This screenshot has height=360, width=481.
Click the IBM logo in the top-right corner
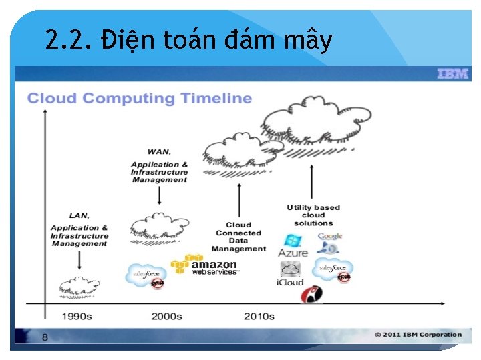(452, 74)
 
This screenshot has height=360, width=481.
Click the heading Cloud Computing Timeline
(139, 99)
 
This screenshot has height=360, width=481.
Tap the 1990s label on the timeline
(77, 316)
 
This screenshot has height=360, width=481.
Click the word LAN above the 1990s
(79, 215)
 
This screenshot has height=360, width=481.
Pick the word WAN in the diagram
(159, 151)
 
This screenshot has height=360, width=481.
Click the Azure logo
(293, 246)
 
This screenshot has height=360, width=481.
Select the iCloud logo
(290, 274)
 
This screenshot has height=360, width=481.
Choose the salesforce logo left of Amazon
(146, 274)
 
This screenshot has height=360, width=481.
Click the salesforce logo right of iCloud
(333, 269)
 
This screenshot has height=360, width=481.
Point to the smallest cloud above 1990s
(79, 285)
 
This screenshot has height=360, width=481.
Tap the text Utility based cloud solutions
(313, 215)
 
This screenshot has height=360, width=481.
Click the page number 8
(45, 337)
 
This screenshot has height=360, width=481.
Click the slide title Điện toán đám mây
(189, 41)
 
